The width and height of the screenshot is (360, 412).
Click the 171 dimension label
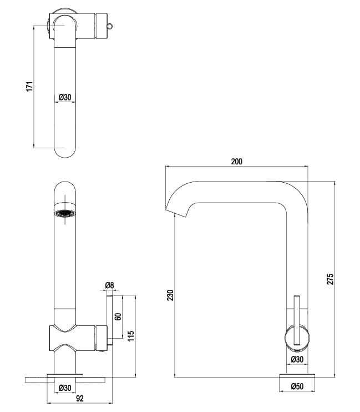click(x=30, y=87)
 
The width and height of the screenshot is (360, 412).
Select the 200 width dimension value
click(x=237, y=162)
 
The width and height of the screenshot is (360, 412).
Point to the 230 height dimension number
click(x=170, y=295)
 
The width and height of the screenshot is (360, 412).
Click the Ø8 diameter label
click(x=109, y=285)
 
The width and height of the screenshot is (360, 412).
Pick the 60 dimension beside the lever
click(x=118, y=317)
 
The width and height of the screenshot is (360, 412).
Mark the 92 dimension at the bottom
click(x=79, y=398)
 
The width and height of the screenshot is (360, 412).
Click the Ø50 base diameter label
click(x=298, y=386)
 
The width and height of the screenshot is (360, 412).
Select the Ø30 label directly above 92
click(x=65, y=387)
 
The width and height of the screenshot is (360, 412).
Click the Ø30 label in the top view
click(x=65, y=97)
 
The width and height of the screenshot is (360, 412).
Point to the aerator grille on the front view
click(x=65, y=214)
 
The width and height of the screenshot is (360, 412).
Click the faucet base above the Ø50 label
click(x=298, y=377)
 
